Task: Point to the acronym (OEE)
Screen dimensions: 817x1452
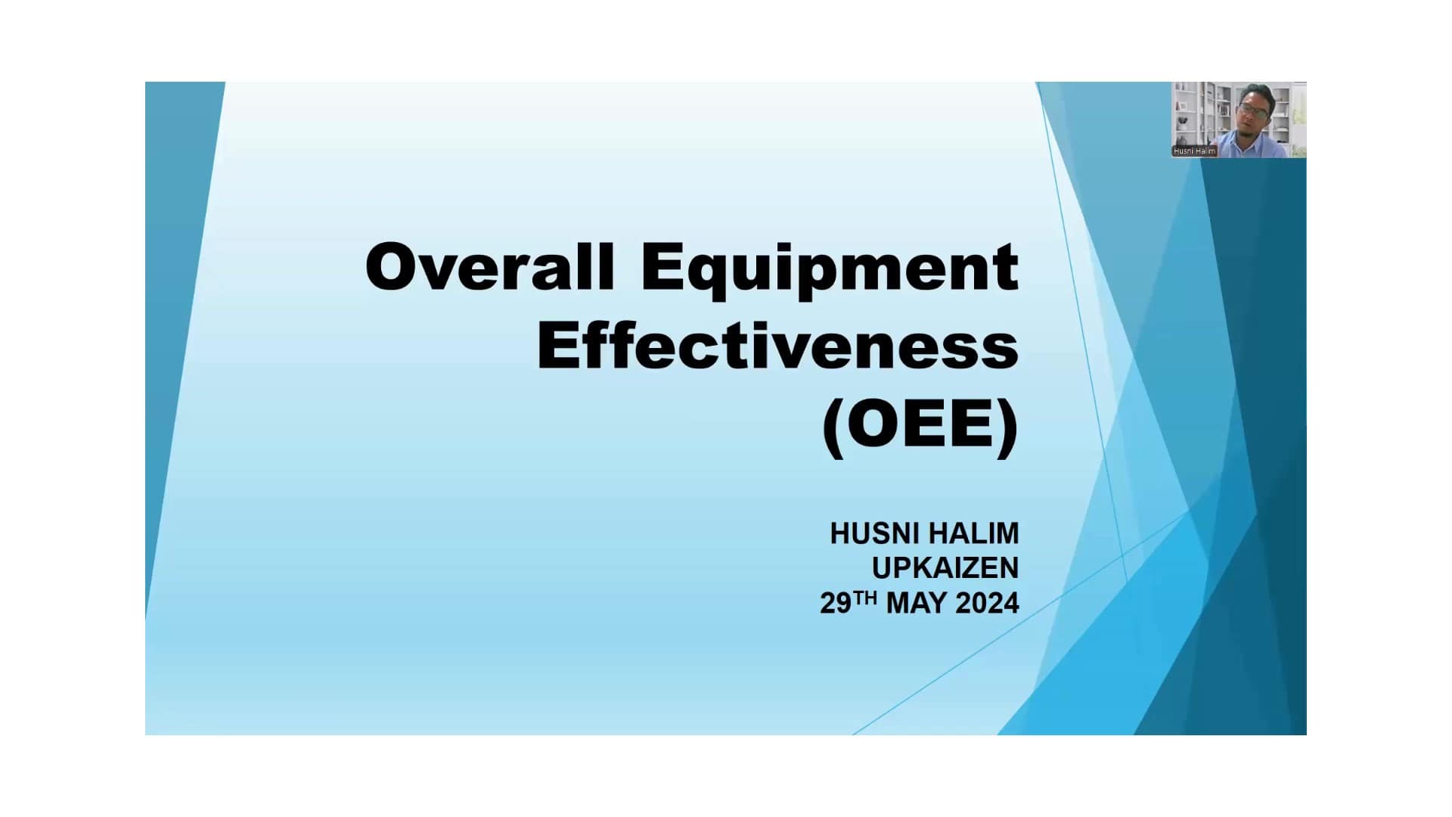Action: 920,426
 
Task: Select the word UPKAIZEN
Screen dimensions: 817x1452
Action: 945,568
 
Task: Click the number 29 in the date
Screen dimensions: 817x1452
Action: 836,604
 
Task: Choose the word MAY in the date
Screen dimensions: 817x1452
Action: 917,604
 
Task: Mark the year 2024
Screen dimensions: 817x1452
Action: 987,604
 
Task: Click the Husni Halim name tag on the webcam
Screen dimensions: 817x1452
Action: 1195,151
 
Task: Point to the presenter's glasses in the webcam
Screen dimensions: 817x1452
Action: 1255,110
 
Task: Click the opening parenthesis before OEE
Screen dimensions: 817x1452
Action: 833,428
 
